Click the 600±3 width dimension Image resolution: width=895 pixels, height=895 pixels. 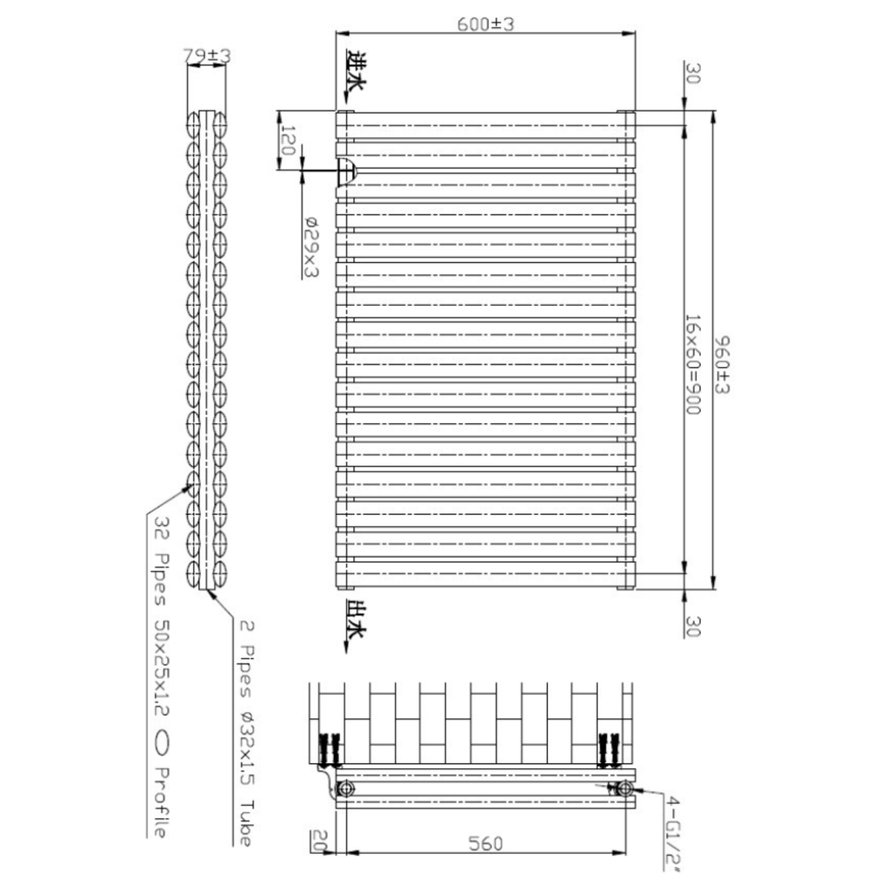[486, 24]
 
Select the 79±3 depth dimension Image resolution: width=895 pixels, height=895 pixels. [206, 56]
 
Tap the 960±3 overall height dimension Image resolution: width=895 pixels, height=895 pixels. [722, 364]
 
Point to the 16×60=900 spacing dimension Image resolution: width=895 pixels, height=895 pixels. [692, 364]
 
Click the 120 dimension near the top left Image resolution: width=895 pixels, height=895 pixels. [287, 141]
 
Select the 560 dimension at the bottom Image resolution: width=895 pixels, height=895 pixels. [485, 843]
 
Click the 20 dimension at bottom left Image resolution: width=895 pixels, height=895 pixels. [319, 840]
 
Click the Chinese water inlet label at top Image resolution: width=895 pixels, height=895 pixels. [356, 70]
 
